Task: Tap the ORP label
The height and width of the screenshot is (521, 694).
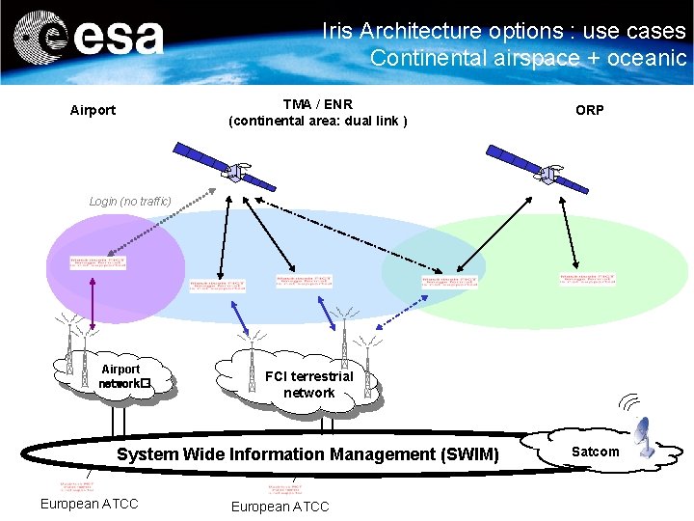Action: pos(590,110)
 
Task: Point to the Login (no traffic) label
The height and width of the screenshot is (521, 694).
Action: pos(130,201)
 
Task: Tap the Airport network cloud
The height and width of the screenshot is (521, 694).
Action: pos(120,377)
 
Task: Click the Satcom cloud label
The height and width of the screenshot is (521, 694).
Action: pos(596,452)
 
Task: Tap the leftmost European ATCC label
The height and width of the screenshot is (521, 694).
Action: pos(89,504)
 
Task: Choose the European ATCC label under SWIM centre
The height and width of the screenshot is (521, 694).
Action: pos(280,507)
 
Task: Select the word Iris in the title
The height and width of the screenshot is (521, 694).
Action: pos(338,31)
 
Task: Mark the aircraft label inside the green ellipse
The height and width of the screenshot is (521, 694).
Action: pos(587,280)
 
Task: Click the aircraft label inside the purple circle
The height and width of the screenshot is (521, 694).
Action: pos(97,262)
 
